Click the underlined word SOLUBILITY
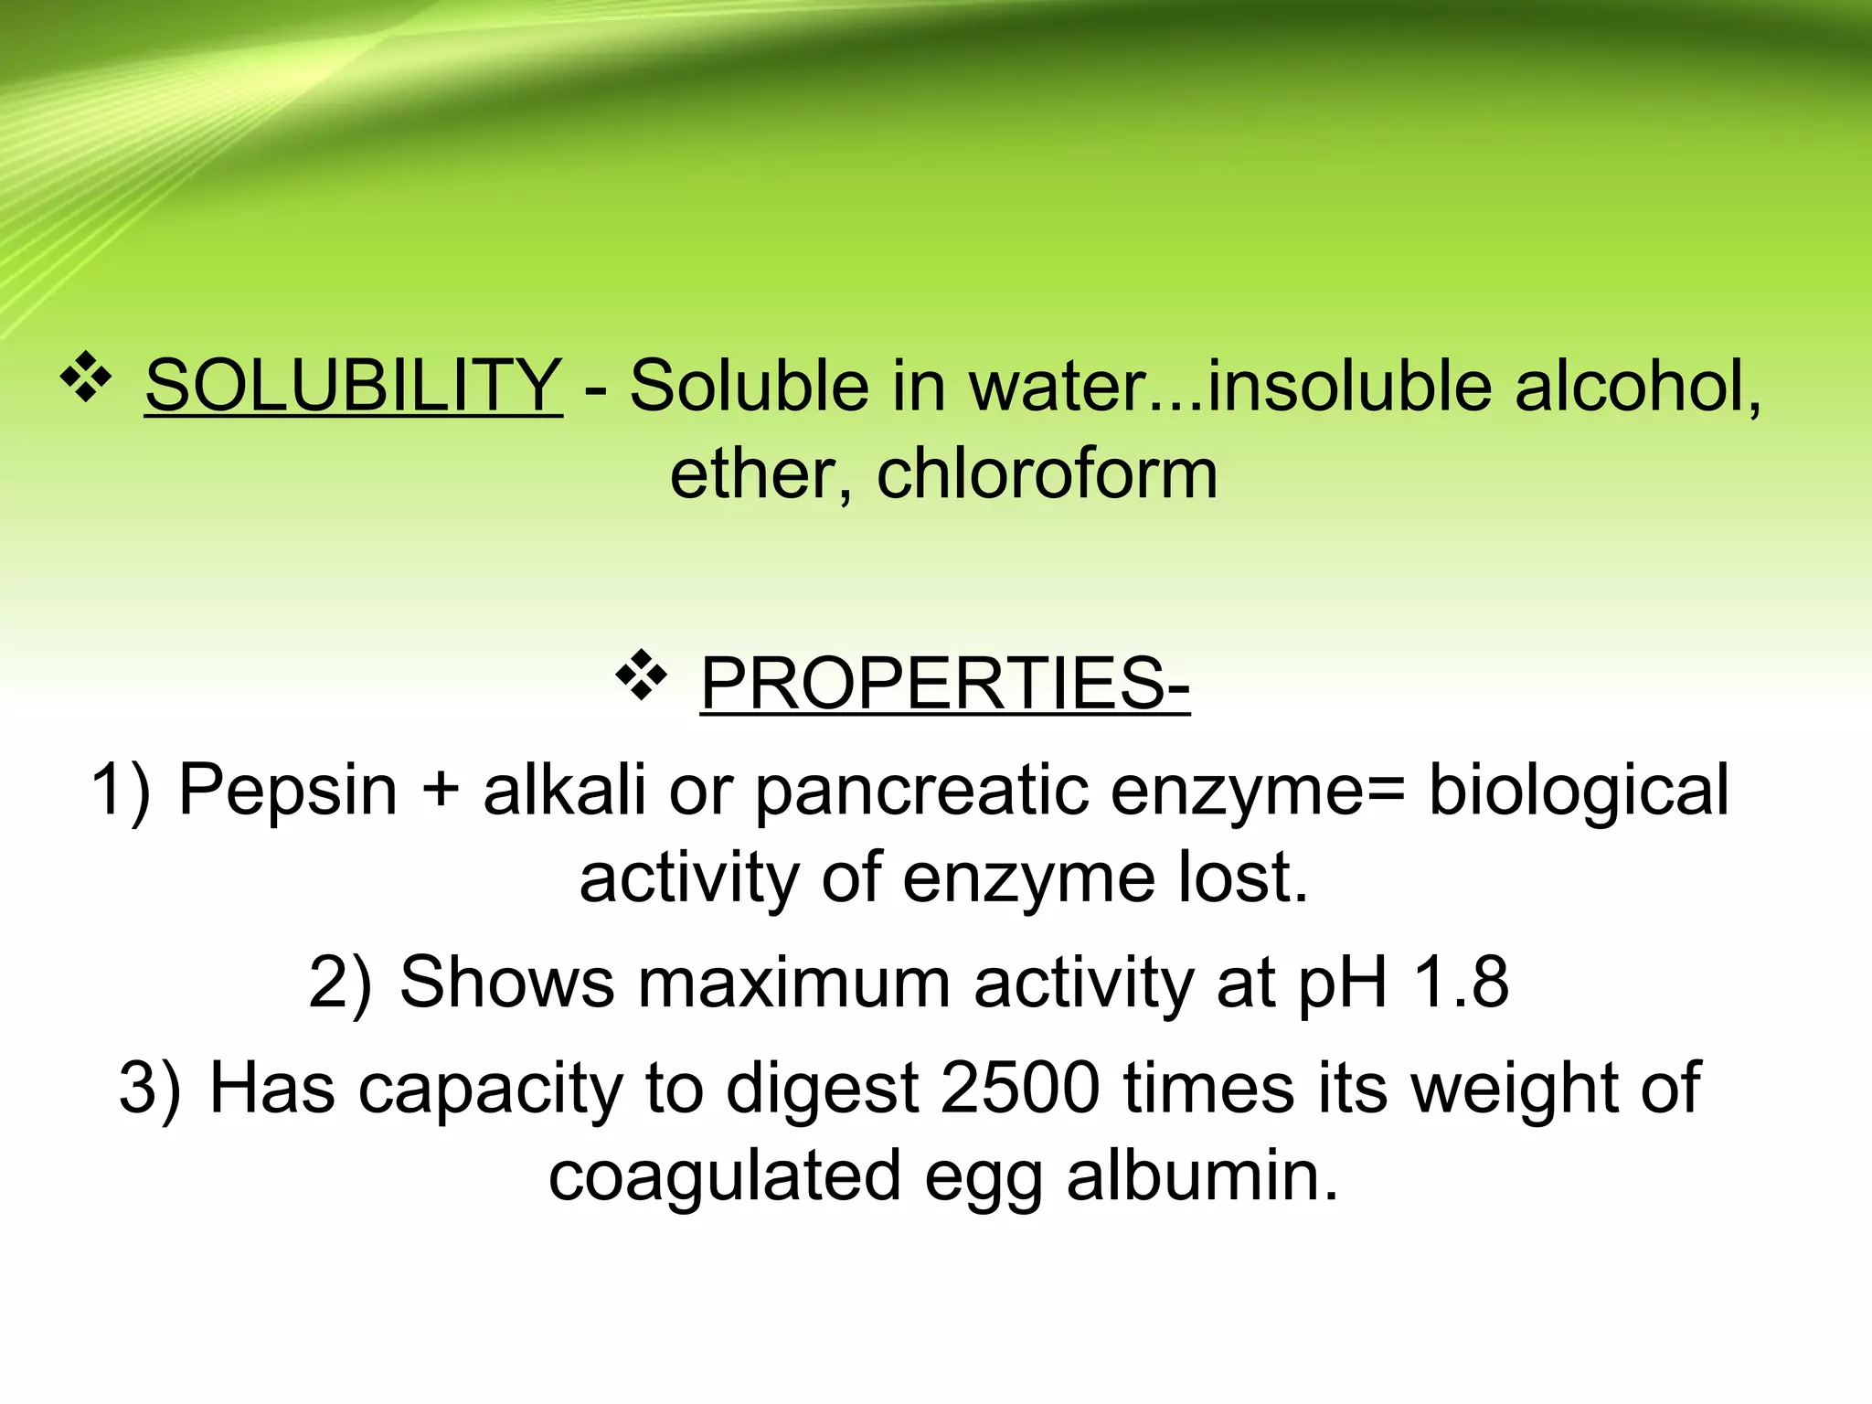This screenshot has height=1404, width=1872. point(353,386)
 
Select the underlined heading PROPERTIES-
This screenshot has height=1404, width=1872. point(945,683)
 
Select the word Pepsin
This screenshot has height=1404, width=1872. point(288,789)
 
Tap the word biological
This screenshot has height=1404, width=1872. point(1579,791)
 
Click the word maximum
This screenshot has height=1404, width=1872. point(794,983)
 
